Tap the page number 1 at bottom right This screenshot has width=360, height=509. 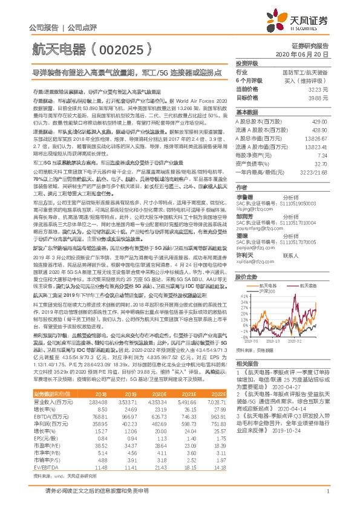pyautogui.click(x=327, y=493)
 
